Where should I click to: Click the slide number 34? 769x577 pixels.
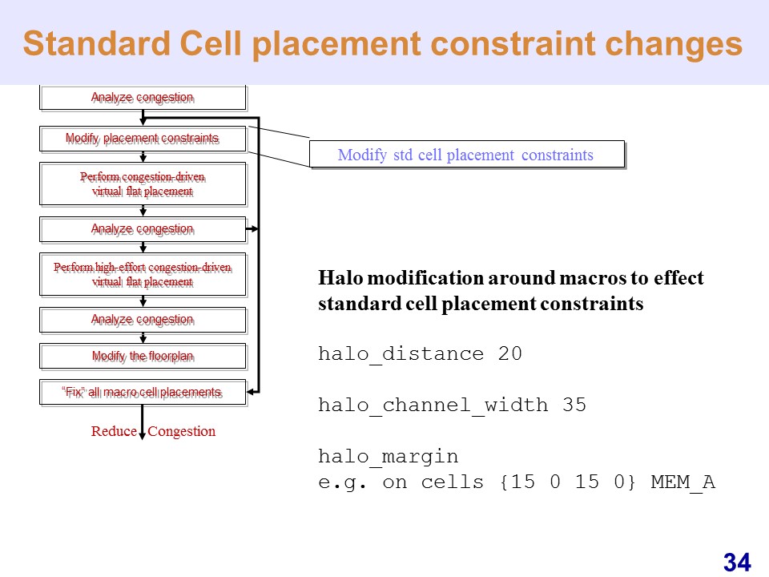click(x=737, y=563)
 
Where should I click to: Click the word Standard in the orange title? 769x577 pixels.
click(x=96, y=43)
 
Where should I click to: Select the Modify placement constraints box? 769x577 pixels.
click(x=143, y=139)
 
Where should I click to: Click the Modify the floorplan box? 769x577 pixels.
click(x=143, y=356)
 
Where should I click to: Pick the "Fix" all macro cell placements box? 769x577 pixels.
click(x=143, y=393)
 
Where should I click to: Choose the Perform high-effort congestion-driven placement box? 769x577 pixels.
click(x=143, y=275)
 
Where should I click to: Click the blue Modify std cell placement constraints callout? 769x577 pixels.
click(x=467, y=155)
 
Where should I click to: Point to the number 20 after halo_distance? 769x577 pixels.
click(x=510, y=353)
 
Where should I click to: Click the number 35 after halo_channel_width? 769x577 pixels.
click(x=574, y=405)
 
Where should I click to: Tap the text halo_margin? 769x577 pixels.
click(x=388, y=457)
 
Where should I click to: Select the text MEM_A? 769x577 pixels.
click(x=682, y=482)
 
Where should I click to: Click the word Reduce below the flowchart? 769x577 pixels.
click(x=114, y=431)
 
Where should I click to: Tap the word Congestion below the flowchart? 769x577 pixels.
click(x=182, y=431)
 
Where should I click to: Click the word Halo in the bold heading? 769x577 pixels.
click(x=341, y=278)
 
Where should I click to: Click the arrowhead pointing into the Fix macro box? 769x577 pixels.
click(x=251, y=392)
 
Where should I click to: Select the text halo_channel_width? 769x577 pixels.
click(x=433, y=406)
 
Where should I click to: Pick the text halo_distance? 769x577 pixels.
click(x=401, y=354)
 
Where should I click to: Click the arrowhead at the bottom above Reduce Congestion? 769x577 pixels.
click(x=143, y=436)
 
